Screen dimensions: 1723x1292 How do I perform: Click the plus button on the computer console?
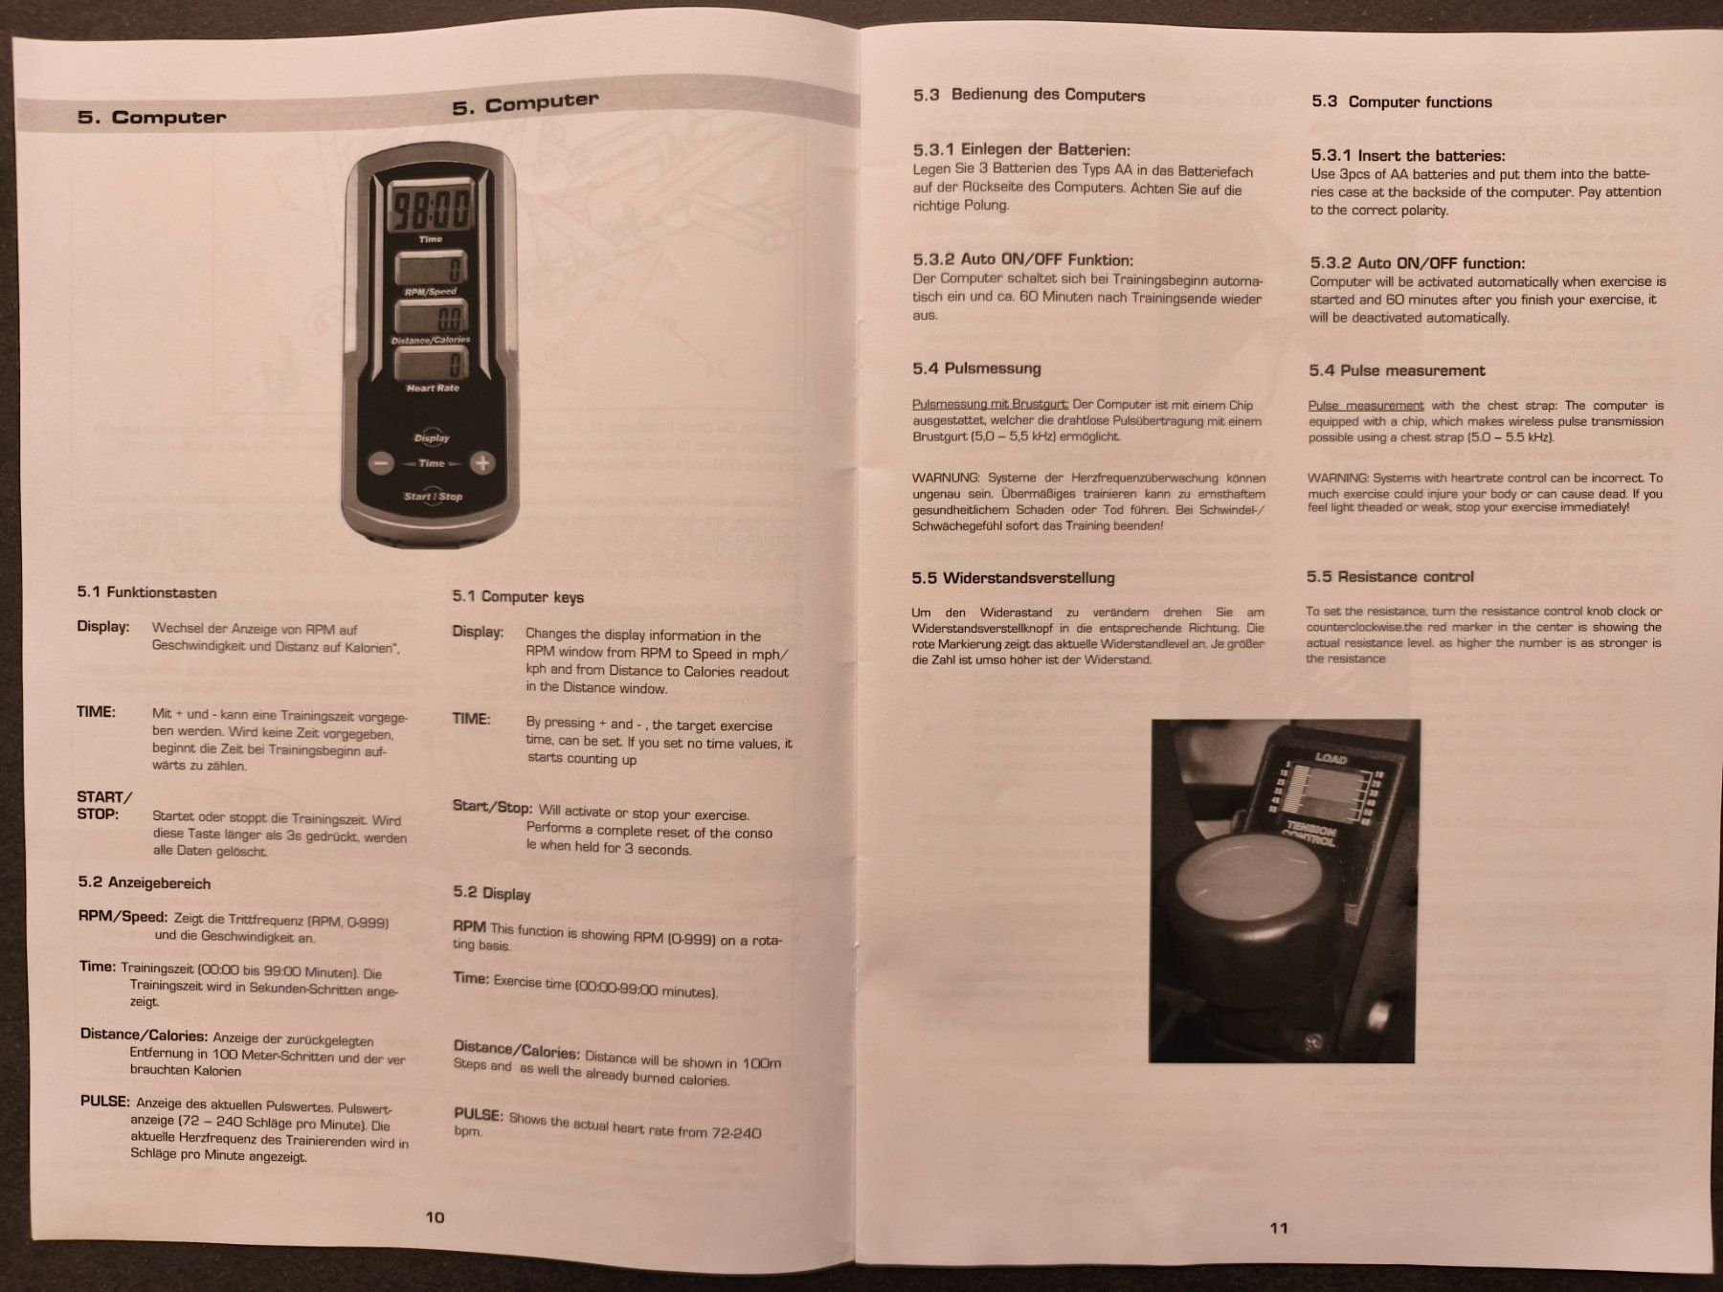(x=481, y=464)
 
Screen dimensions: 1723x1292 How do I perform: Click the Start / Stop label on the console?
(x=433, y=496)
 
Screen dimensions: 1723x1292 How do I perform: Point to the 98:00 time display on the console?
(x=430, y=208)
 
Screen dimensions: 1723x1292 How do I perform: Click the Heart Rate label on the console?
(x=433, y=388)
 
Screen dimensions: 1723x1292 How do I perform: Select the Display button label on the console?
(x=432, y=437)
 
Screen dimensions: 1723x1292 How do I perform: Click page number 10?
(x=435, y=1217)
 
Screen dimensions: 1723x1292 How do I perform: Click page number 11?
(x=1279, y=1228)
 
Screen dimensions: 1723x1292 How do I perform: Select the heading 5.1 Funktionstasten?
(x=146, y=592)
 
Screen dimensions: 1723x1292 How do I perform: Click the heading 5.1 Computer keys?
(x=518, y=597)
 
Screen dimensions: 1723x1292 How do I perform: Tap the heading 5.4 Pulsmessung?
(x=976, y=368)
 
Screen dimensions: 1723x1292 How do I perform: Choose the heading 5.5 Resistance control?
(x=1390, y=576)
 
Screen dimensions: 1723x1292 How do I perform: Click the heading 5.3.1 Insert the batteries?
(x=1407, y=156)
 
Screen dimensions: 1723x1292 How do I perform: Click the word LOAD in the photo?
(x=1331, y=759)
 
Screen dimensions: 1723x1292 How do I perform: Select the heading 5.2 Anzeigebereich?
(x=144, y=883)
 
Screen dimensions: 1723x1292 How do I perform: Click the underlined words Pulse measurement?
(x=1366, y=406)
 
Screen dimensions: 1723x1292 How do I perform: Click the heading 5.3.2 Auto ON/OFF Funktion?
(x=1022, y=260)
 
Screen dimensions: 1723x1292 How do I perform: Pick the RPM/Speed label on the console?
(x=430, y=292)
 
